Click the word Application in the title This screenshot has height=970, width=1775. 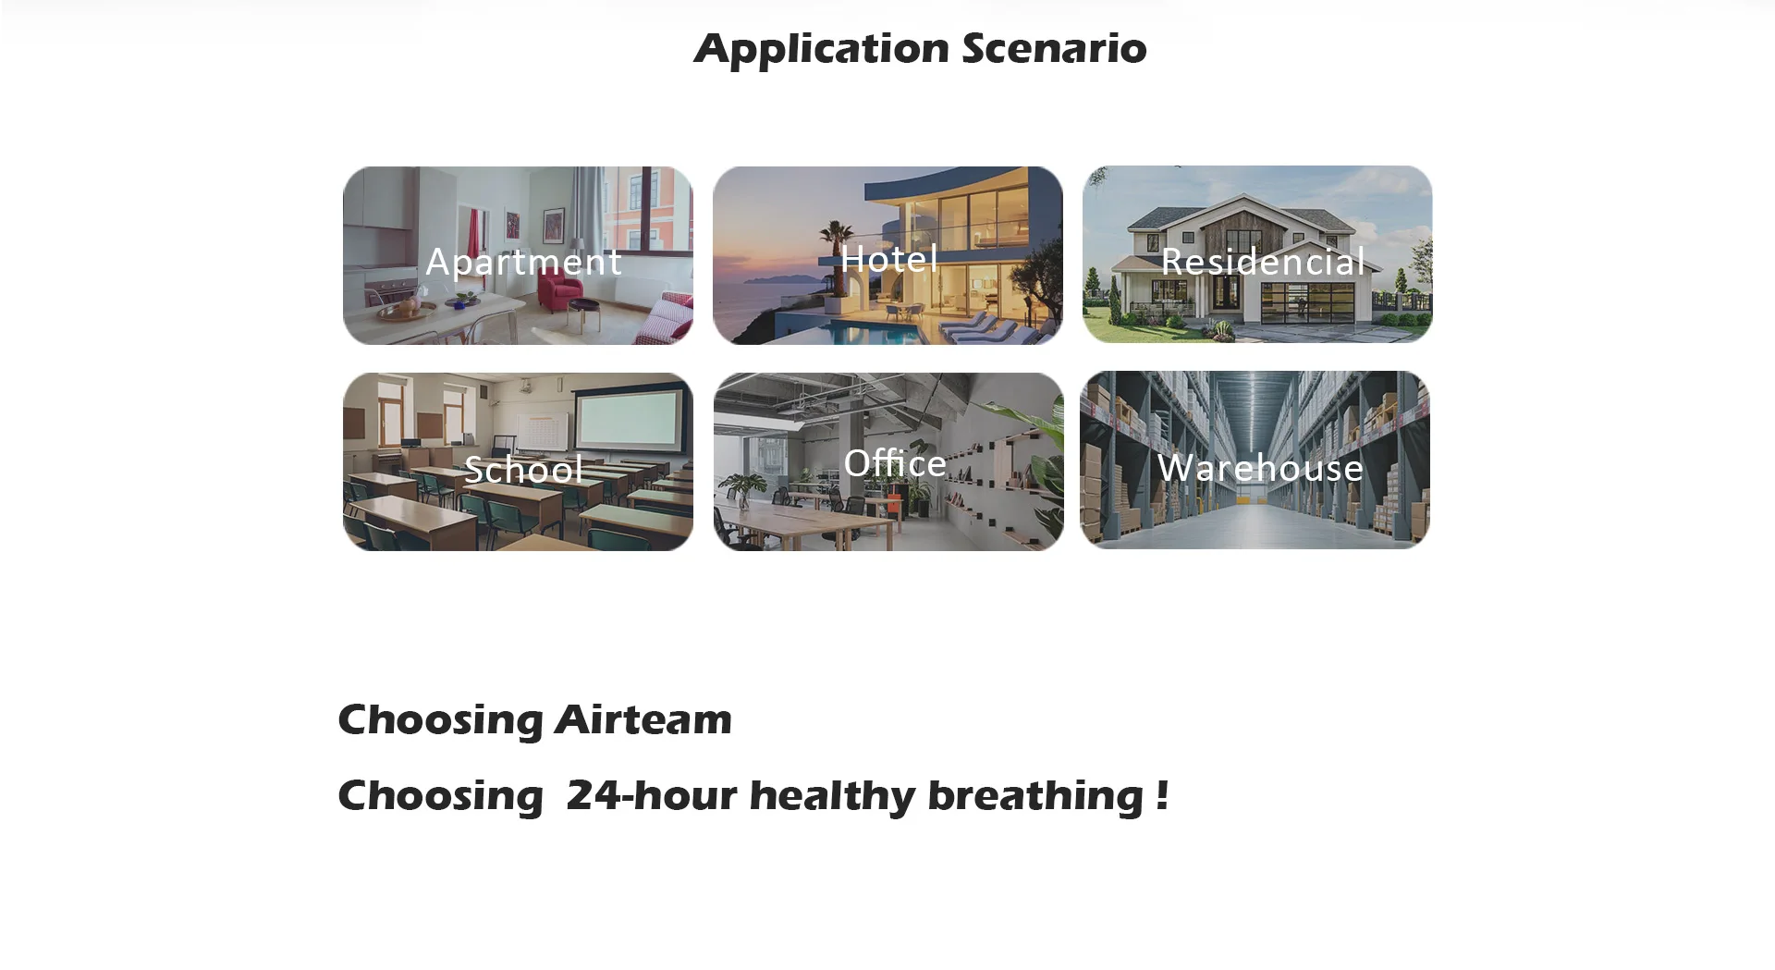[x=822, y=49]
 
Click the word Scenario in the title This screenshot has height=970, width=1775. [x=1054, y=48]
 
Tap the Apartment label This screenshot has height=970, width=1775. [x=523, y=263]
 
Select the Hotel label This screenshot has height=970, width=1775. [x=889, y=258]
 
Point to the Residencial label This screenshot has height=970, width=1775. [x=1263, y=261]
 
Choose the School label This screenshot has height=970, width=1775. [x=523, y=469]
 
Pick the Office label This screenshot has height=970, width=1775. [x=895, y=461]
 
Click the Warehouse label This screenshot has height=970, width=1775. [x=1260, y=467]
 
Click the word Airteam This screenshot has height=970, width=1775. [x=643, y=719]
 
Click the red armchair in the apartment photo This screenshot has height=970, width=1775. [x=560, y=291]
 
